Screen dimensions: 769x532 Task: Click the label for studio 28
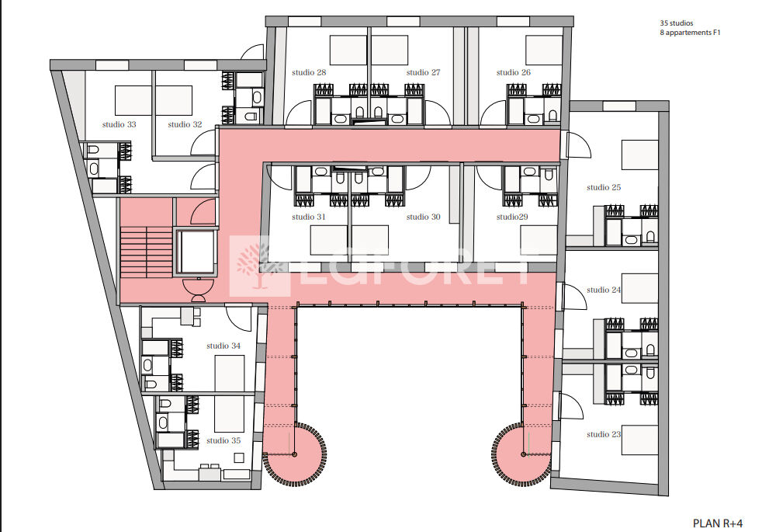309,73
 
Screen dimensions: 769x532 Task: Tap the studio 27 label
423,73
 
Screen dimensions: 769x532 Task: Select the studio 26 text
514,73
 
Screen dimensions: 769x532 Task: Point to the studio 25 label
604,187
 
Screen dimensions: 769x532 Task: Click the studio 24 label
604,290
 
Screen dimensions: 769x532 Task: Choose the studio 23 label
604,434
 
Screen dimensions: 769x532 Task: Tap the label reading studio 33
120,125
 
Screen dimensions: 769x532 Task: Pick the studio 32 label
185,125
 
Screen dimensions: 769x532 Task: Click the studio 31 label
309,217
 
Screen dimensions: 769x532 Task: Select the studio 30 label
423,217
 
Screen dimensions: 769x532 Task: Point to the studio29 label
512,217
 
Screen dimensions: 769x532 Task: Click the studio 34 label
223,346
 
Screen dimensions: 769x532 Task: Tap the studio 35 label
223,440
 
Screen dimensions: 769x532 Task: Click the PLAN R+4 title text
718,523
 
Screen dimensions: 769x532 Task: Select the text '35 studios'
677,23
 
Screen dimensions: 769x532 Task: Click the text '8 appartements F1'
690,33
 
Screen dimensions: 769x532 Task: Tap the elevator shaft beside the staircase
196,252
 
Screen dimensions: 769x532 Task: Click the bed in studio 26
543,50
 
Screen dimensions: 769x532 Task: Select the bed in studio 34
230,373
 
